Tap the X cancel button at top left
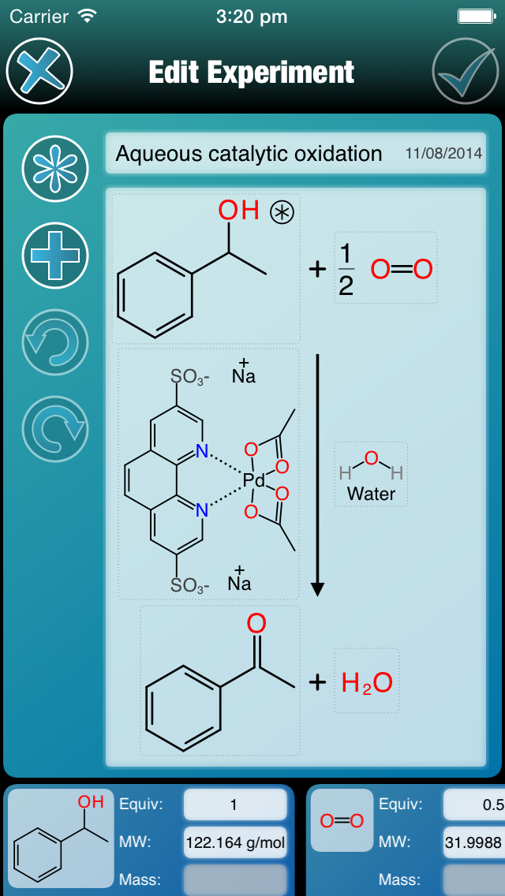click(39, 72)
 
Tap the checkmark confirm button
click(466, 72)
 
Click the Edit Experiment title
click(252, 73)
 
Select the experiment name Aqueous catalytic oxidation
click(249, 154)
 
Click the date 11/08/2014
click(443, 154)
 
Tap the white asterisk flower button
click(54, 169)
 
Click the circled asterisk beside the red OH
click(281, 211)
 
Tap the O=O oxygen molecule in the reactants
click(402, 270)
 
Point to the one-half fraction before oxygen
click(346, 270)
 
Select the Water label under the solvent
click(371, 495)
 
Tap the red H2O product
click(367, 682)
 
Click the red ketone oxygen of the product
click(256, 623)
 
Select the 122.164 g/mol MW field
click(235, 842)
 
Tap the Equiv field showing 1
click(235, 805)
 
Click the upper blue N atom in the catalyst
click(202, 452)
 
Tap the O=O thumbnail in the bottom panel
click(342, 821)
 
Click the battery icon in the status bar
click(476, 16)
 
